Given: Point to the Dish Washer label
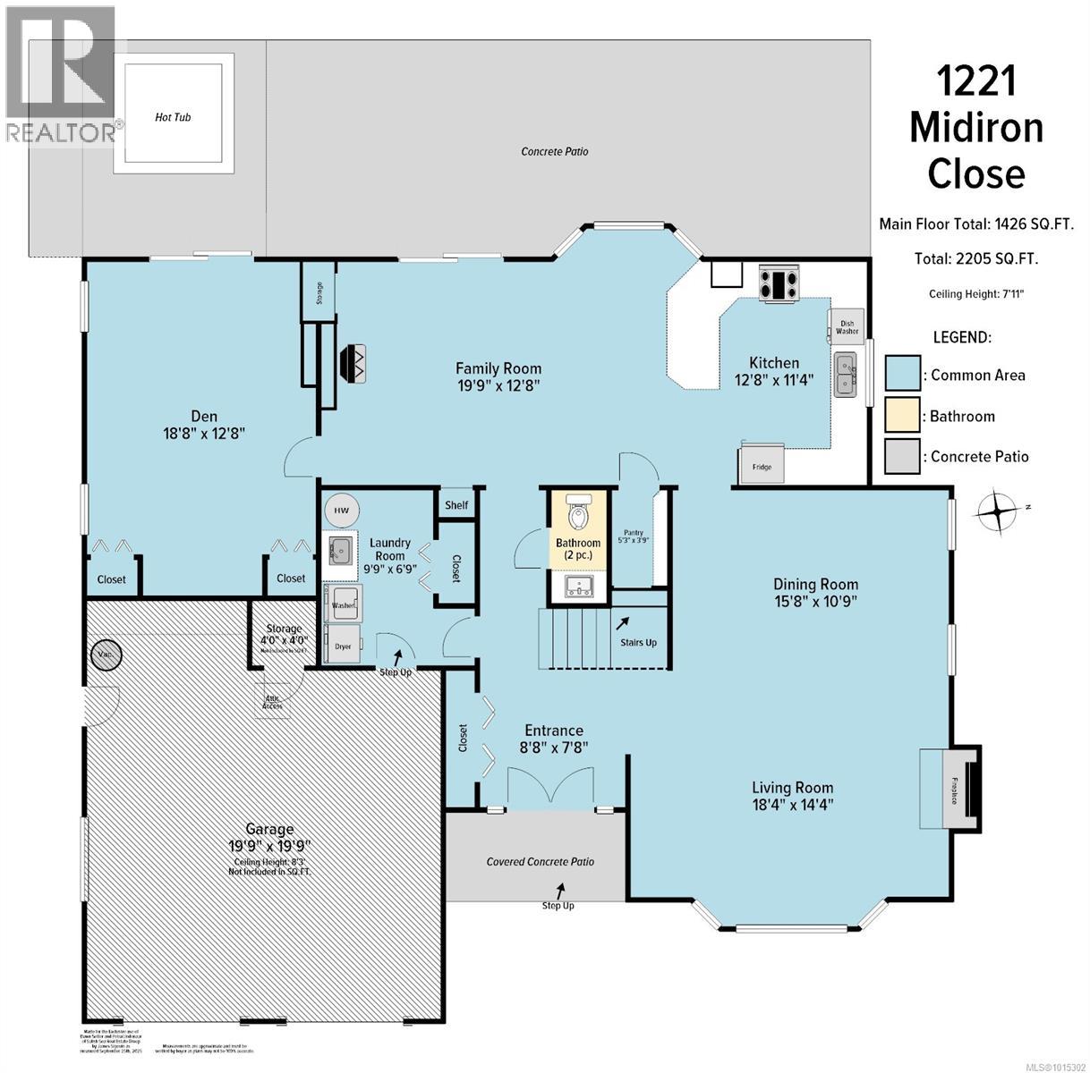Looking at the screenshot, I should click(847, 325).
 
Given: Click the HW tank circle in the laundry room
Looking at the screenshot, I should click(341, 511).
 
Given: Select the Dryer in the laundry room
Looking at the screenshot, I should click(343, 644).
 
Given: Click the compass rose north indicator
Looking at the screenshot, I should click(1000, 513).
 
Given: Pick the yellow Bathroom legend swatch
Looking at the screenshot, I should click(902, 416).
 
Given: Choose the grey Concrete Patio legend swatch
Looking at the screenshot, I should click(902, 456).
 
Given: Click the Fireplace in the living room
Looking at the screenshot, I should click(951, 789).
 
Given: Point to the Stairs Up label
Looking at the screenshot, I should click(639, 641).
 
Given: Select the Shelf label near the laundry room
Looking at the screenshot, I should click(456, 505).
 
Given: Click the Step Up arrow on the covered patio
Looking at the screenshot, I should click(561, 891).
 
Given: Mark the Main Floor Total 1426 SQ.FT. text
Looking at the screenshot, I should click(975, 224).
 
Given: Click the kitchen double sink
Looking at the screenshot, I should click(844, 374).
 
